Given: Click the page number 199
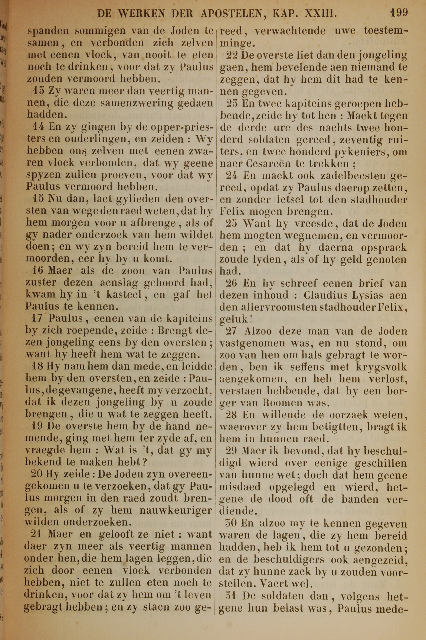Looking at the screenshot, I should [399, 13].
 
